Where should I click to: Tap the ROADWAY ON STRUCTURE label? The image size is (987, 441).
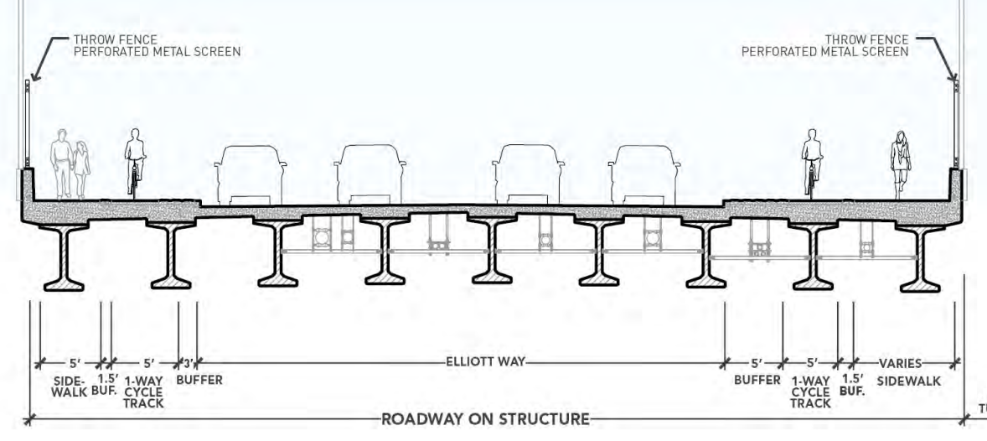[486, 418]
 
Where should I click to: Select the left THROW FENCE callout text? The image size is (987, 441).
[158, 45]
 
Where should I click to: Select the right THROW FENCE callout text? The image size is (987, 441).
[824, 45]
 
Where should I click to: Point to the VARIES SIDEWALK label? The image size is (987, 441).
[909, 371]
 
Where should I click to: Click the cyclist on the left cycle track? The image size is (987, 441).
[134, 163]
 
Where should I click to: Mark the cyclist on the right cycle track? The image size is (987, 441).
[810, 163]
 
